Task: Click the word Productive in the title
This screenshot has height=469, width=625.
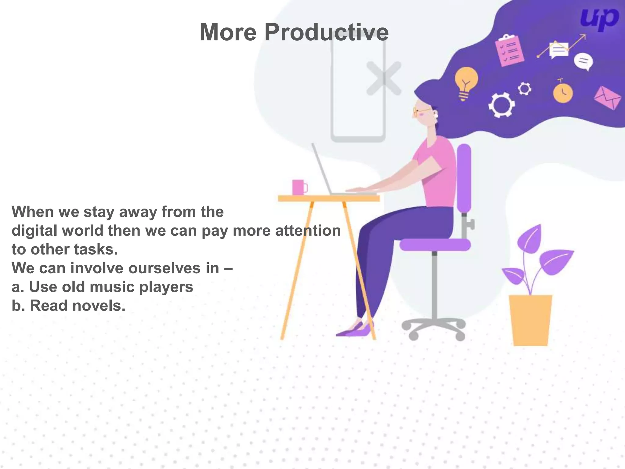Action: point(326,32)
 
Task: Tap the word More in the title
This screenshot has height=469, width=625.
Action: point(228,32)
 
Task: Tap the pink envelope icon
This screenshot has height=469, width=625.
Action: point(607,98)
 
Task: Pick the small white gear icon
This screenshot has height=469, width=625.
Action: point(524,89)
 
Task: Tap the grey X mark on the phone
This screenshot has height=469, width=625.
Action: point(384,78)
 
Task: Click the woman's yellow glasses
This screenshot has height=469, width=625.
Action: point(421,112)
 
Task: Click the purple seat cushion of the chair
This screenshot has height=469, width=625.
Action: point(435,245)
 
